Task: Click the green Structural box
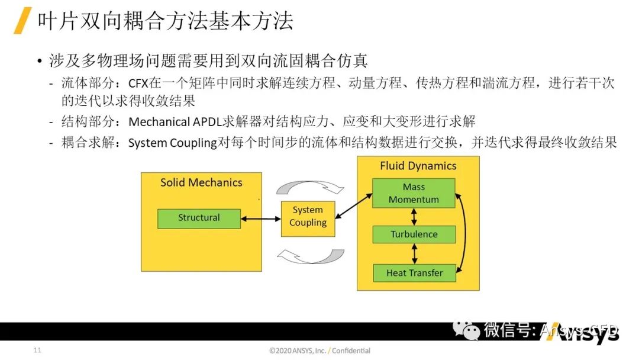[x=199, y=218]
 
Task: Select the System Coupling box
[x=308, y=217]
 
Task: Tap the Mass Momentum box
[x=414, y=193]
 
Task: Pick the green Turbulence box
[x=414, y=234]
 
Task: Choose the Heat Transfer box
[x=414, y=273]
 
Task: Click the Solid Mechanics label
[x=201, y=182]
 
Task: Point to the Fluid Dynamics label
[x=418, y=166]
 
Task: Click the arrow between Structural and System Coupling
[x=260, y=218]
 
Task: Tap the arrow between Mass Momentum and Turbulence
[x=414, y=217]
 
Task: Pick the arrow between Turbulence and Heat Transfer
[x=414, y=253]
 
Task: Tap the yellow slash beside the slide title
[x=22, y=21]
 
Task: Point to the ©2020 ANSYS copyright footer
[x=319, y=351]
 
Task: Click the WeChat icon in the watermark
[x=472, y=330]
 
